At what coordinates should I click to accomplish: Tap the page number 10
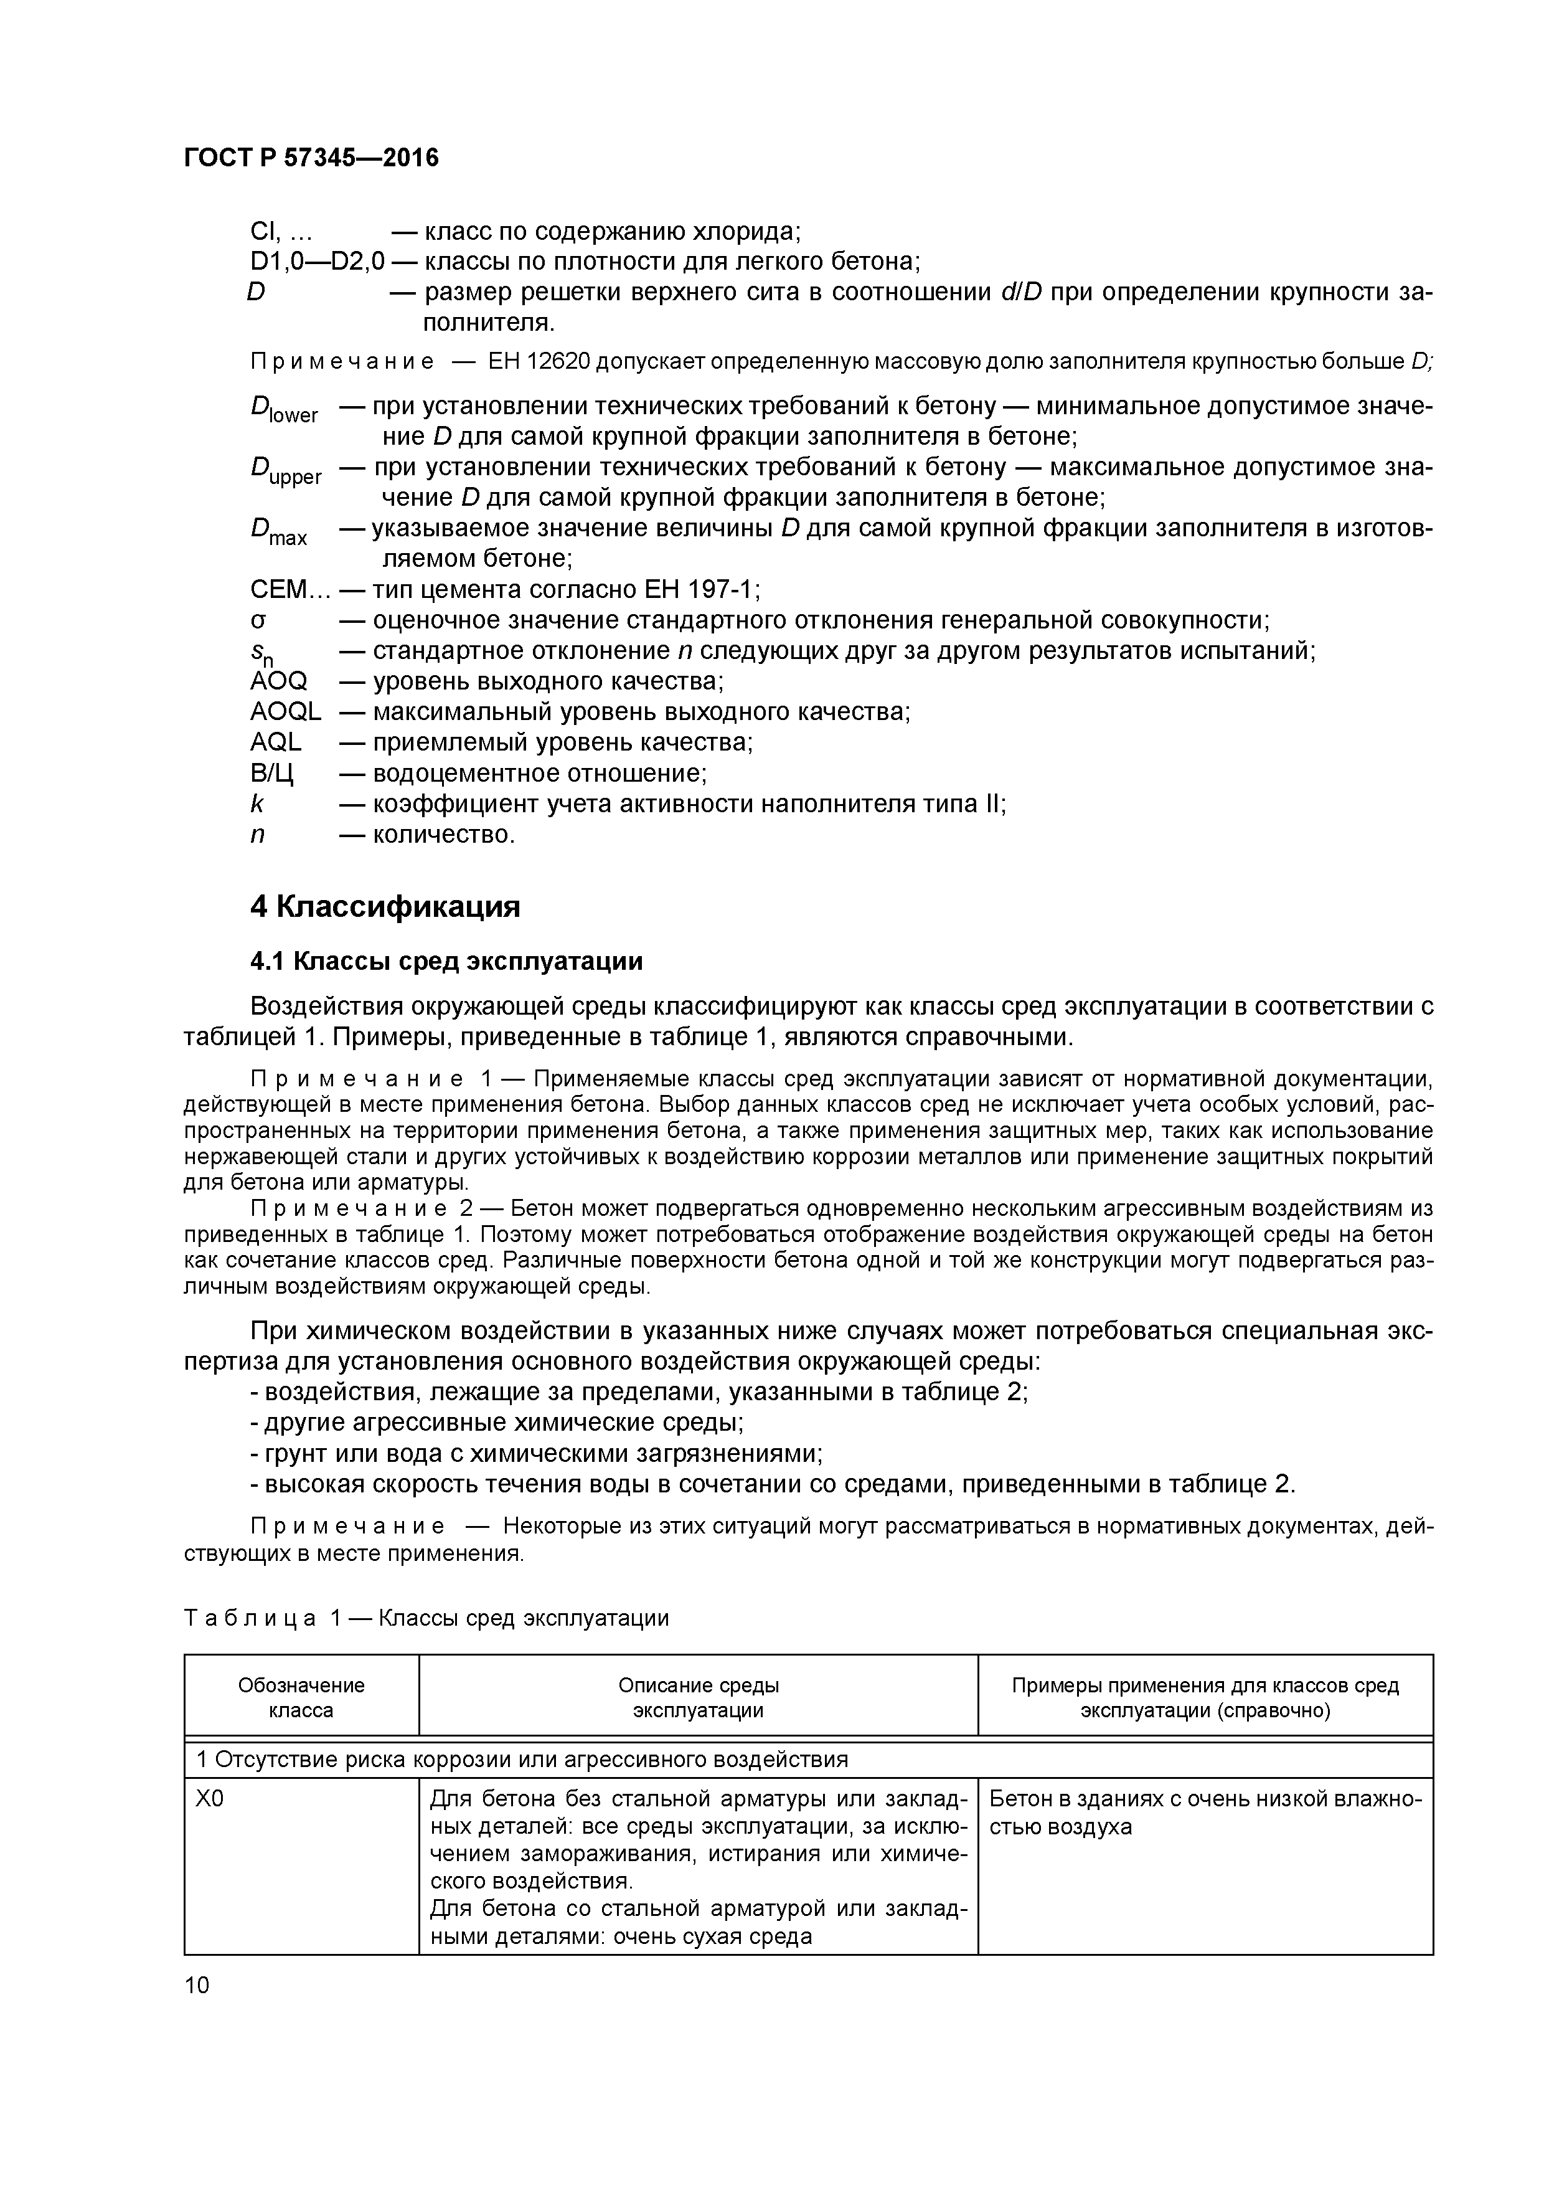(x=197, y=1984)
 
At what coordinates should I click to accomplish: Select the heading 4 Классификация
(x=385, y=906)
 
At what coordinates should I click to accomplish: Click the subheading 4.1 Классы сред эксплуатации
(x=446, y=961)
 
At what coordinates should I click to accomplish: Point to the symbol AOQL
(x=285, y=712)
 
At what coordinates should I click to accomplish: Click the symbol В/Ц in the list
(x=272, y=773)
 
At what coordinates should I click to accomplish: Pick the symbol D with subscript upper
(x=285, y=470)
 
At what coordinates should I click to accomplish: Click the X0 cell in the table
(x=210, y=1799)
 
